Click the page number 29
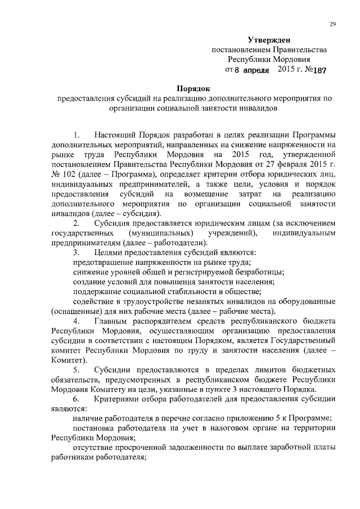point(332,24)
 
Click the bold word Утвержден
point(269,39)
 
